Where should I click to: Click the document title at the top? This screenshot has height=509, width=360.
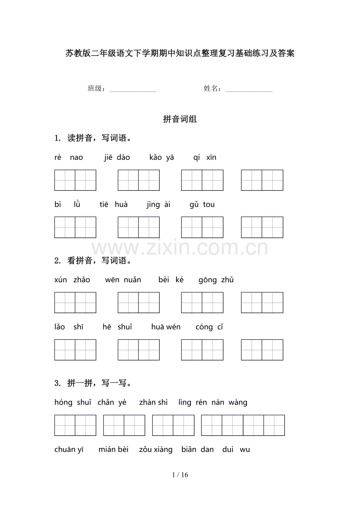pyautogui.click(x=180, y=54)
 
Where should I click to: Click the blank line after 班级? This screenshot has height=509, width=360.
pyautogui.click(x=133, y=90)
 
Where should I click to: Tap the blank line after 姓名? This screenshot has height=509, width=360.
pyautogui.click(x=249, y=90)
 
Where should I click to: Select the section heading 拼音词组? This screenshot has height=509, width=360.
pyautogui.click(x=180, y=119)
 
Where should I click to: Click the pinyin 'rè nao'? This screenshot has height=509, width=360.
pyautogui.click(x=68, y=158)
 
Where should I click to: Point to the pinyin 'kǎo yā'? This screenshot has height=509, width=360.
pyautogui.click(x=162, y=158)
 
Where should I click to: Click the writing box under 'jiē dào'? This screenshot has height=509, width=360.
pyautogui.click(x=139, y=180)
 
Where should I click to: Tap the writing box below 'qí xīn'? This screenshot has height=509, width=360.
pyautogui.click(x=262, y=180)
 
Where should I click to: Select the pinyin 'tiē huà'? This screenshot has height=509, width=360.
pyautogui.click(x=113, y=204)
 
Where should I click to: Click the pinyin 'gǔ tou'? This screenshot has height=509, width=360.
pyautogui.click(x=202, y=204)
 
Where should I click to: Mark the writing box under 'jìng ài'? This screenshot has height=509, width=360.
pyautogui.click(x=202, y=227)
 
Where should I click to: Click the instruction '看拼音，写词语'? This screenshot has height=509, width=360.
pyautogui.click(x=99, y=261)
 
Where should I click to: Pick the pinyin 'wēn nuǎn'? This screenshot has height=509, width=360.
pyautogui.click(x=123, y=280)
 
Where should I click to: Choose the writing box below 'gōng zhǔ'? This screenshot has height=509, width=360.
pyautogui.click(x=262, y=303)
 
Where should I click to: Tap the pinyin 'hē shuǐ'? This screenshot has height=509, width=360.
pyautogui.click(x=117, y=327)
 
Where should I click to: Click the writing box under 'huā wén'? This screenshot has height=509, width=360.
pyautogui.click(x=202, y=350)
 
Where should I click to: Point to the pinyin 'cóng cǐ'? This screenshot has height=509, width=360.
pyautogui.click(x=209, y=327)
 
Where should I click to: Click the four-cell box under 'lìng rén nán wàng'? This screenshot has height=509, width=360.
pyautogui.click(x=243, y=425)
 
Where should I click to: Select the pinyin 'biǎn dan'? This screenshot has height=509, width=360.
pyautogui.click(x=197, y=450)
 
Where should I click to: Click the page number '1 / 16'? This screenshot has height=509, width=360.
pyautogui.click(x=180, y=475)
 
